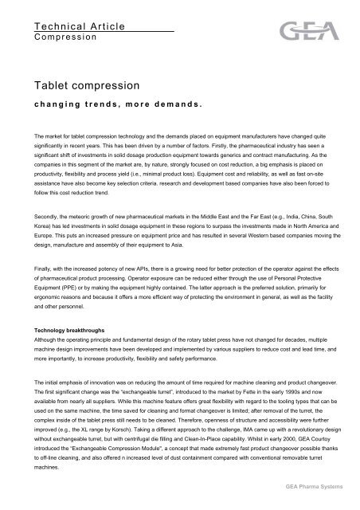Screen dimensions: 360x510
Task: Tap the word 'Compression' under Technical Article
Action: pyautogui.click(x=63, y=37)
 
